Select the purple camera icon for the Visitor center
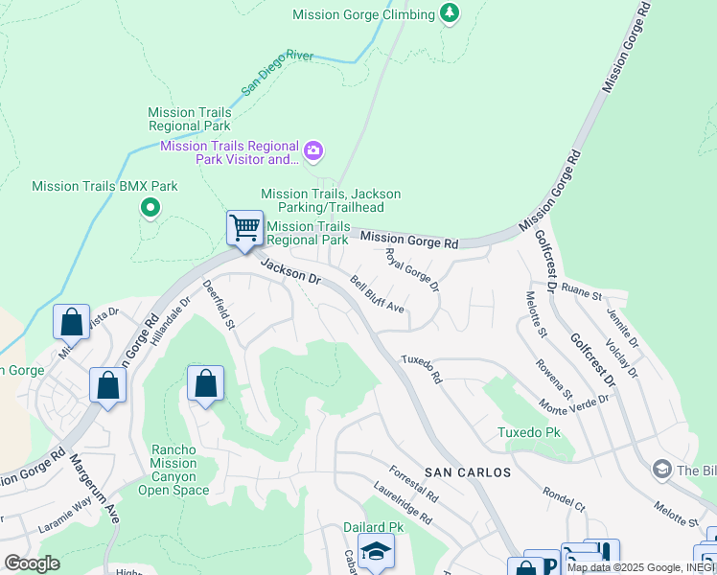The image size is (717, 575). [x=313, y=151]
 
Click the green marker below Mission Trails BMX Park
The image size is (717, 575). [x=150, y=207]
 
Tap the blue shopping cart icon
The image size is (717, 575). [x=244, y=229]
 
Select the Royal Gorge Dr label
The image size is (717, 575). [x=411, y=270]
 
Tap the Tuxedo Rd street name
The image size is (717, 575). [x=421, y=369]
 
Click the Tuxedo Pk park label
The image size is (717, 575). [x=528, y=432]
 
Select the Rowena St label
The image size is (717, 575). [x=553, y=380]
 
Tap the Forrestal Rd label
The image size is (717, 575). [x=414, y=485]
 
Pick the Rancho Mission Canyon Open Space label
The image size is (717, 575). [x=173, y=470]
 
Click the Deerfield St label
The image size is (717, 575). [x=218, y=304]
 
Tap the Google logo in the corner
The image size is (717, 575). [x=33, y=563]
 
